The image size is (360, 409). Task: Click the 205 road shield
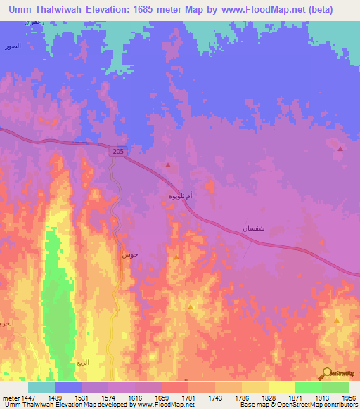(118, 151)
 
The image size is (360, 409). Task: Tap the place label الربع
(82, 363)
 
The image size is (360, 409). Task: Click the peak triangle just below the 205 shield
(168, 165)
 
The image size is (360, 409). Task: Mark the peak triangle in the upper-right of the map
(340, 149)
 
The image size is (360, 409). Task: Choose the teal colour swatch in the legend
(41, 387)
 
